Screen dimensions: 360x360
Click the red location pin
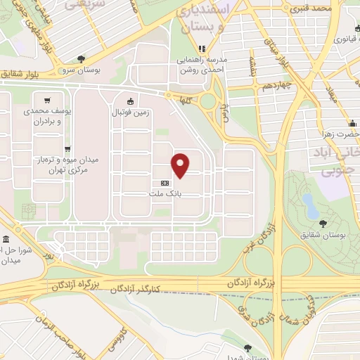181,165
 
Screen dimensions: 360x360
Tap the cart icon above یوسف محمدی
47,101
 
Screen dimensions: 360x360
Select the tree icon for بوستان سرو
82,60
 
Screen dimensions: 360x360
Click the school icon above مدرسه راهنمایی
202,49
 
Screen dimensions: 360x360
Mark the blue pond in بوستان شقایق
308,205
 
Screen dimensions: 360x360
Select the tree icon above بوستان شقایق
322,224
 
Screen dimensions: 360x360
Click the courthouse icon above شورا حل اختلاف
6,240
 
